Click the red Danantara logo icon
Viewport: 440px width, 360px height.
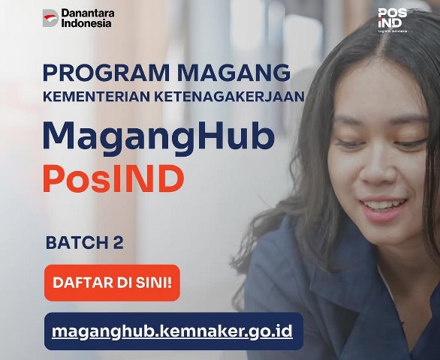click(x=50, y=18)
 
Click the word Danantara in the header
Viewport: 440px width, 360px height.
click(x=88, y=13)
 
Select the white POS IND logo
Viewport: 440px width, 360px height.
click(x=393, y=20)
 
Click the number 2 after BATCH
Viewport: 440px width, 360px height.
click(x=119, y=243)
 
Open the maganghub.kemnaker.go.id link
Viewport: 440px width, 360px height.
click(x=172, y=331)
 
